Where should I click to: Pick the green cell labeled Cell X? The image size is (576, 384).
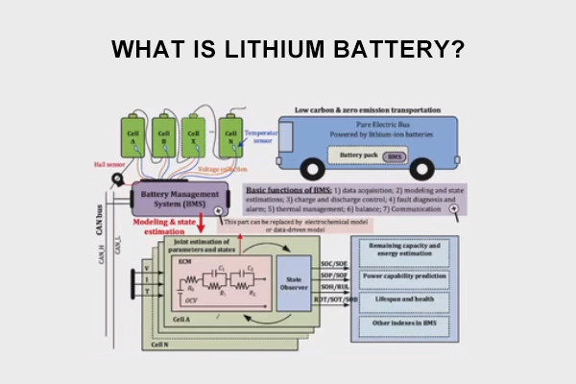(195, 136)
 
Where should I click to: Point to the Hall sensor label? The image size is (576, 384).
(108, 164)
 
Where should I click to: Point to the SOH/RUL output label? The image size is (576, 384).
(335, 288)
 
